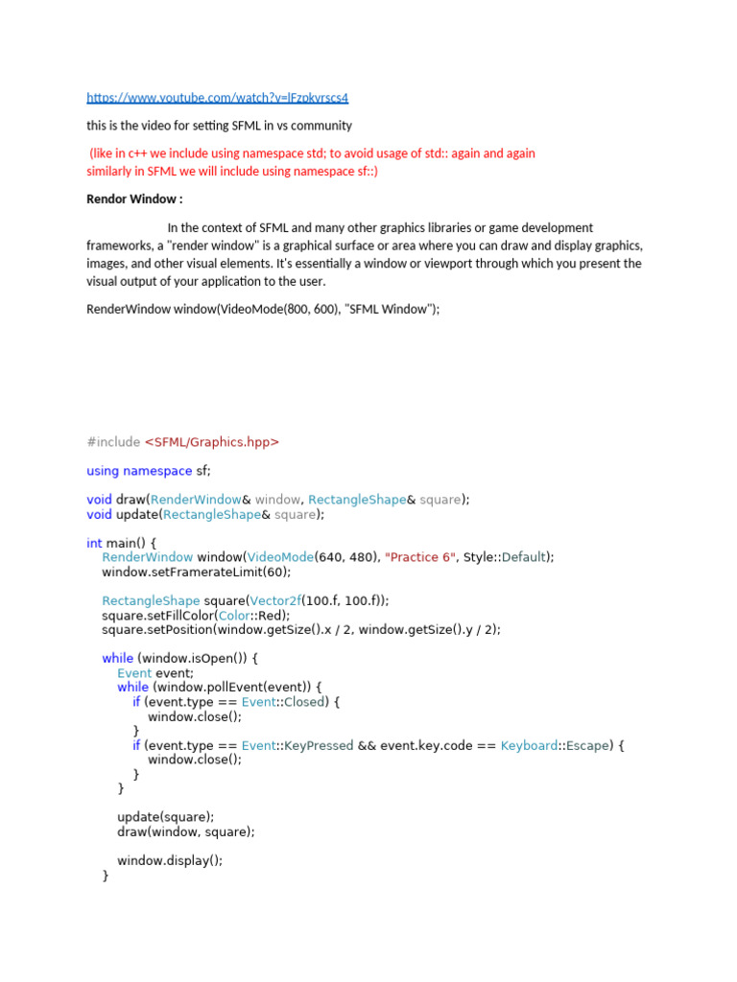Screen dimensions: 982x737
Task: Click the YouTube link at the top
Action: [x=217, y=98]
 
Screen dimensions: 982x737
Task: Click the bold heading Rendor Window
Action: [x=134, y=199]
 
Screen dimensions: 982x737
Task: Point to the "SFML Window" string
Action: [x=392, y=310]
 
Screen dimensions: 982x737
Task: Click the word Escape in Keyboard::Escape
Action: [x=587, y=745]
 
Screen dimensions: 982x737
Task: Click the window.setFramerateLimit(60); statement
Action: [x=196, y=572]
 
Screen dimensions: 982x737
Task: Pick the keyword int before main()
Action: [x=94, y=543]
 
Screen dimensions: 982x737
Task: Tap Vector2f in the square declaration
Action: [x=275, y=600]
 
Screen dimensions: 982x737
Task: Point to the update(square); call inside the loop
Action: [x=166, y=817]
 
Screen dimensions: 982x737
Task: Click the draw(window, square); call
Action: [x=186, y=831]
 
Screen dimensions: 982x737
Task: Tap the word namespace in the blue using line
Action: [x=157, y=471]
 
